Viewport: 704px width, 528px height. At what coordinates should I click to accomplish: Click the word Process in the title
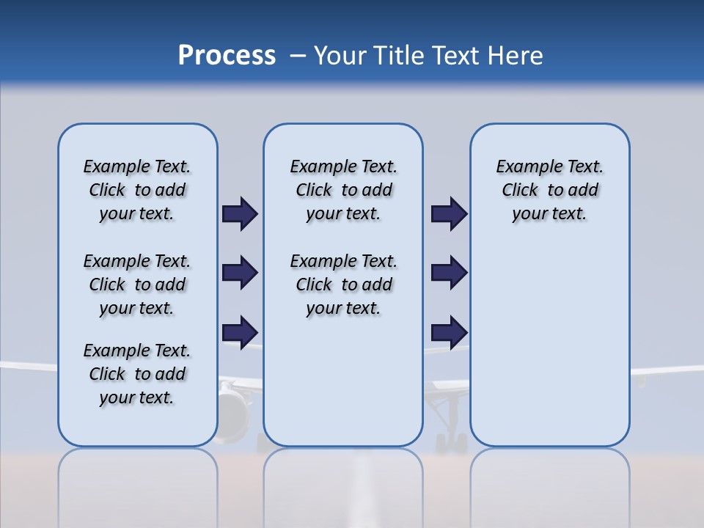[x=227, y=56]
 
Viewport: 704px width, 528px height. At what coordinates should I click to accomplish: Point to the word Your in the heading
[x=341, y=56]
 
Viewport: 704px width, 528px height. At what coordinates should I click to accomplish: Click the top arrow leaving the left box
[x=239, y=214]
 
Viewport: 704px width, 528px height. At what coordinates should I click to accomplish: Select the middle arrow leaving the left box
[x=239, y=273]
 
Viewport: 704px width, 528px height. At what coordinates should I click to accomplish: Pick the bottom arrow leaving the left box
[x=239, y=331]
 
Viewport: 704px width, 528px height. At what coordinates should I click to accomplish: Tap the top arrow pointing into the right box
[x=449, y=214]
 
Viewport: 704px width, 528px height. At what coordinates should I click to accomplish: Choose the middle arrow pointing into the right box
[x=449, y=273]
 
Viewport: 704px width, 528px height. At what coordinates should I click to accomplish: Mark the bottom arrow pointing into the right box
[x=449, y=331]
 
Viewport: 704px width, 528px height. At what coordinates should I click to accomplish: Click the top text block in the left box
[x=137, y=190]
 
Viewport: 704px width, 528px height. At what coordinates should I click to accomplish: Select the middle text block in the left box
[x=137, y=285]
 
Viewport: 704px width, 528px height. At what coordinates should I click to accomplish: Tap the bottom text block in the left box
[x=137, y=374]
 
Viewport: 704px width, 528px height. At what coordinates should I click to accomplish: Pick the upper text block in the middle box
[x=343, y=190]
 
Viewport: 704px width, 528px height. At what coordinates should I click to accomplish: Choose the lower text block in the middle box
[x=343, y=285]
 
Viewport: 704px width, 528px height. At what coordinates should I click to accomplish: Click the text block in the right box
[x=549, y=190]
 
